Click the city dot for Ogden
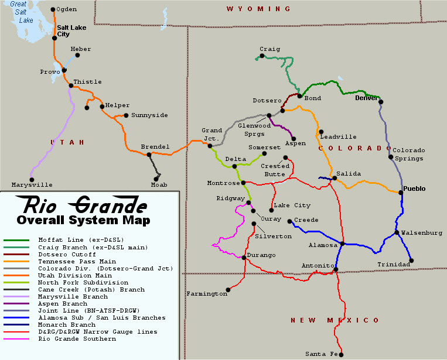click(x=53, y=9)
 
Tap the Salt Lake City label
click(x=71, y=30)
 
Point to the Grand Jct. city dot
click(x=210, y=146)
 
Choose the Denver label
click(x=367, y=98)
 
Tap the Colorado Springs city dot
click(x=391, y=156)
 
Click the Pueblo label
click(x=414, y=188)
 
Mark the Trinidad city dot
click(x=412, y=260)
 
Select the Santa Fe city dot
click(x=341, y=354)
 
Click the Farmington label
click(x=206, y=293)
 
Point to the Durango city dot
click(x=244, y=257)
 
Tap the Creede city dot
click(x=290, y=221)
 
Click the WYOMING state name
click(x=258, y=9)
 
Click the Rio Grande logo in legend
click(x=82, y=205)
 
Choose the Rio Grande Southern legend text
click(x=77, y=339)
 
